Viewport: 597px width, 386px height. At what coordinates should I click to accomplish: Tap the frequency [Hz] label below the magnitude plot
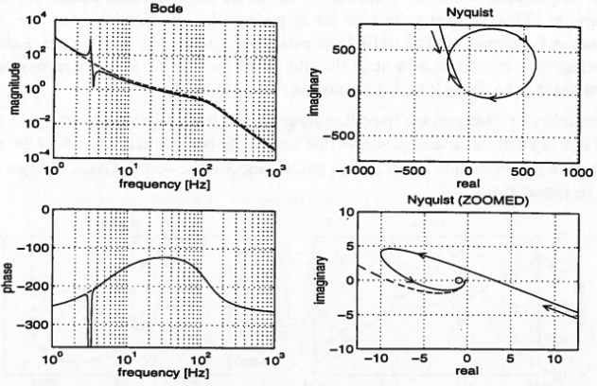pyautogui.click(x=165, y=176)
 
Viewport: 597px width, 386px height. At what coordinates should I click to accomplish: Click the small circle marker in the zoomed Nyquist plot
pyautogui.click(x=459, y=281)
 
